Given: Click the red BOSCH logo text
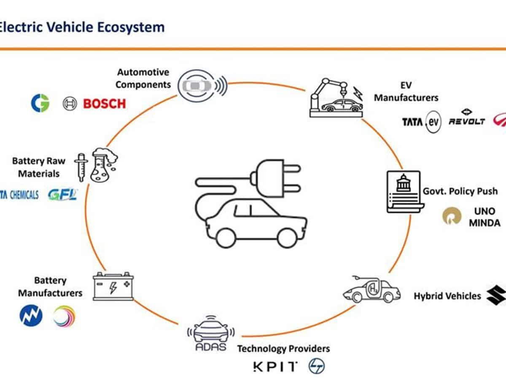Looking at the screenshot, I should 104,104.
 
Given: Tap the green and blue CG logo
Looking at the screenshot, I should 40,103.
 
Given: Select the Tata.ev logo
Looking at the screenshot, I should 421,122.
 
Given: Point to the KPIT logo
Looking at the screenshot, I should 275,366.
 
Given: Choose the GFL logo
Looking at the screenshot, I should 62,195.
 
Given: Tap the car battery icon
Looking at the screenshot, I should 113,286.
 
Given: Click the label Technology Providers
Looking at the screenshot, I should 283,349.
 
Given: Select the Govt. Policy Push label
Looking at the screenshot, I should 460,191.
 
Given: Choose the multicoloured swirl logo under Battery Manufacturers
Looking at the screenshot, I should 64,316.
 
